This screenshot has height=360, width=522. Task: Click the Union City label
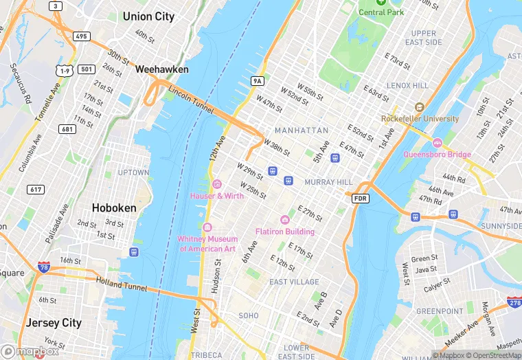tap(148, 16)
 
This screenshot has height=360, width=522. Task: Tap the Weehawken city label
tap(161, 69)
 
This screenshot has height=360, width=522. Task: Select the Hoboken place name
tap(114, 207)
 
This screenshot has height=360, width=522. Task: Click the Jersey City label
tap(54, 322)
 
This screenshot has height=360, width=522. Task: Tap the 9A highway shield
tap(258, 81)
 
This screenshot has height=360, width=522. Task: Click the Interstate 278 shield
tap(513, 301)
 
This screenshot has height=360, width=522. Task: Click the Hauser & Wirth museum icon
tap(217, 184)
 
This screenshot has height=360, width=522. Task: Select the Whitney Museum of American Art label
tap(207, 243)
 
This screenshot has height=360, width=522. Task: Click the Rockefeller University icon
tap(419, 107)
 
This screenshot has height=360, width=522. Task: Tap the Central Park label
tap(381, 12)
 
